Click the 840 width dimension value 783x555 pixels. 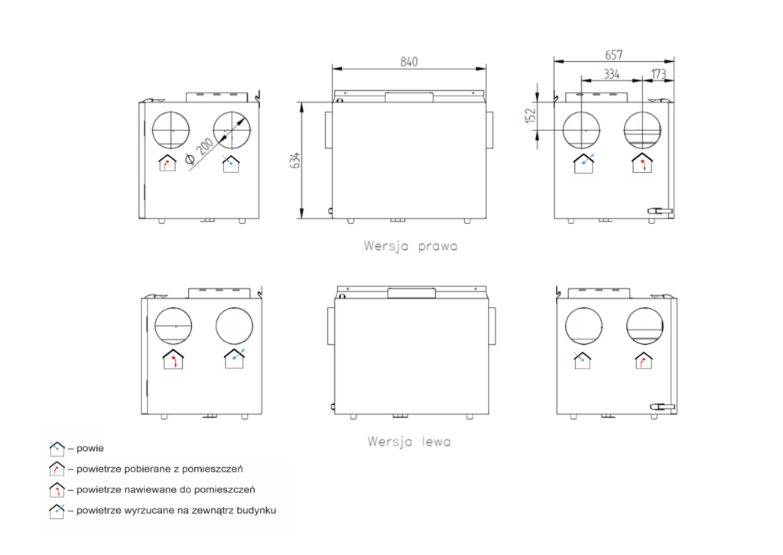[408, 61]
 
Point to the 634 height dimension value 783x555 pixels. [295, 161]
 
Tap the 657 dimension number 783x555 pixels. [614, 54]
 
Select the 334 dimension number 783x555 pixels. [612, 74]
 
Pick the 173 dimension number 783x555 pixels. [658, 74]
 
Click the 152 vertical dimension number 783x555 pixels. [531, 115]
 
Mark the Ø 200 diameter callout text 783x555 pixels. [200, 151]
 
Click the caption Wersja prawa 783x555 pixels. [411, 246]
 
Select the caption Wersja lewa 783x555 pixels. [409, 442]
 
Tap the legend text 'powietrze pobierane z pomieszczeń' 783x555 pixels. [159, 469]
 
